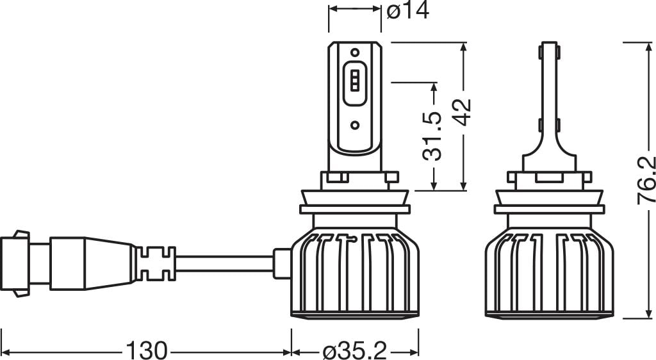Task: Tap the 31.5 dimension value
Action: [432, 136]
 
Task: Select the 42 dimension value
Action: [463, 112]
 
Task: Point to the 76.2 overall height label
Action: [646, 180]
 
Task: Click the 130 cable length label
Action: [147, 350]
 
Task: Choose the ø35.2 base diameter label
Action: [355, 350]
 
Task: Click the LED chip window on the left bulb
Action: [355, 84]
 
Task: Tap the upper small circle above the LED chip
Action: [355, 53]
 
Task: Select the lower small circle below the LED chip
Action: [355, 125]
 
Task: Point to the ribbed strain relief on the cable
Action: [156, 263]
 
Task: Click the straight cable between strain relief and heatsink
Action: [225, 263]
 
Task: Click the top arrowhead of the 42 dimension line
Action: [463, 47]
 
